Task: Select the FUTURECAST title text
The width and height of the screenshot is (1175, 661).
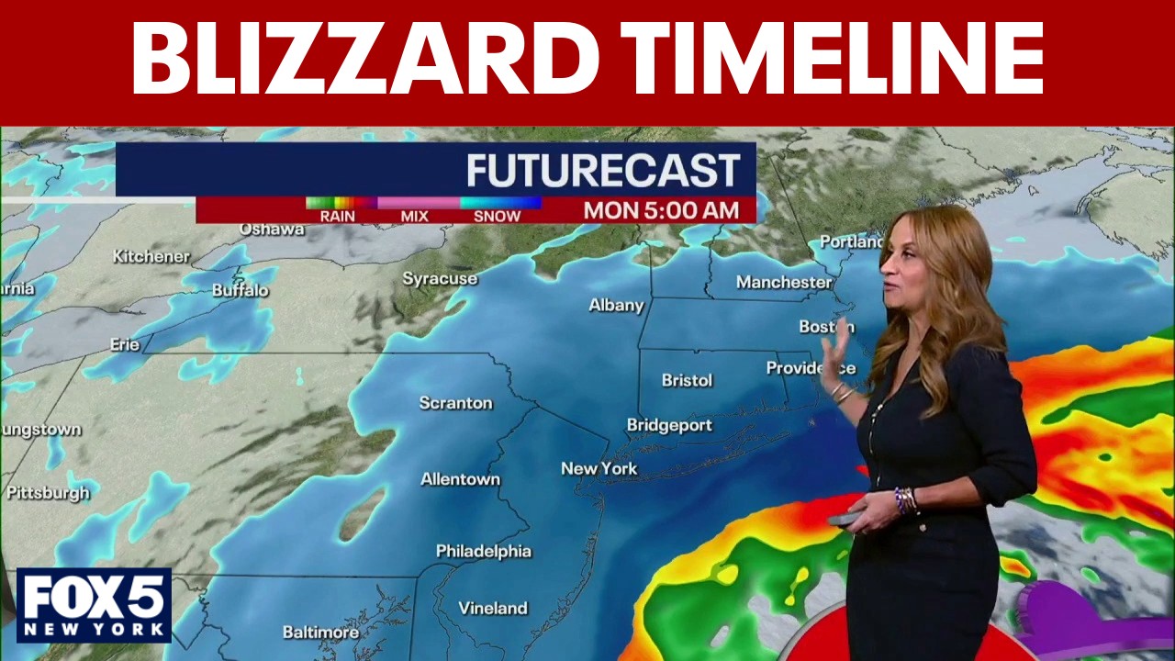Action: tap(603, 171)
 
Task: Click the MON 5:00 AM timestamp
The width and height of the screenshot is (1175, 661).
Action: tap(661, 210)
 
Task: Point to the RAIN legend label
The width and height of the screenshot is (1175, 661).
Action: tap(337, 217)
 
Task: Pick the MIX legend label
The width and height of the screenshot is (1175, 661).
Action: tap(415, 217)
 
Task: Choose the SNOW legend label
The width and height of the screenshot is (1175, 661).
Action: tap(497, 217)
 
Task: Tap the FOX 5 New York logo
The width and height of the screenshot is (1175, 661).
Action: tap(94, 605)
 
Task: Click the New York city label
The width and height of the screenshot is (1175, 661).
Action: tap(599, 469)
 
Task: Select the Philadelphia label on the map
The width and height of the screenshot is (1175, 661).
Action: tap(483, 552)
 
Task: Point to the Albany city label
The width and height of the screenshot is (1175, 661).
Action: tap(616, 306)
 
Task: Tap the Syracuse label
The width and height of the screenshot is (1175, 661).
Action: tap(440, 278)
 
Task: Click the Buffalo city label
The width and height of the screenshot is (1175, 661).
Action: tap(241, 290)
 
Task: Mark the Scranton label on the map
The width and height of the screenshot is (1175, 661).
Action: tap(455, 403)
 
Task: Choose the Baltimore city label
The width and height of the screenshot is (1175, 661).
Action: tap(320, 633)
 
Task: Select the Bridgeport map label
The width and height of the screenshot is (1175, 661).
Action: tap(669, 425)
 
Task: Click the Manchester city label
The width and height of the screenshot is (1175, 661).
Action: tap(783, 282)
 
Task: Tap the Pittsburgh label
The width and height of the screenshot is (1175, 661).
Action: tap(48, 493)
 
